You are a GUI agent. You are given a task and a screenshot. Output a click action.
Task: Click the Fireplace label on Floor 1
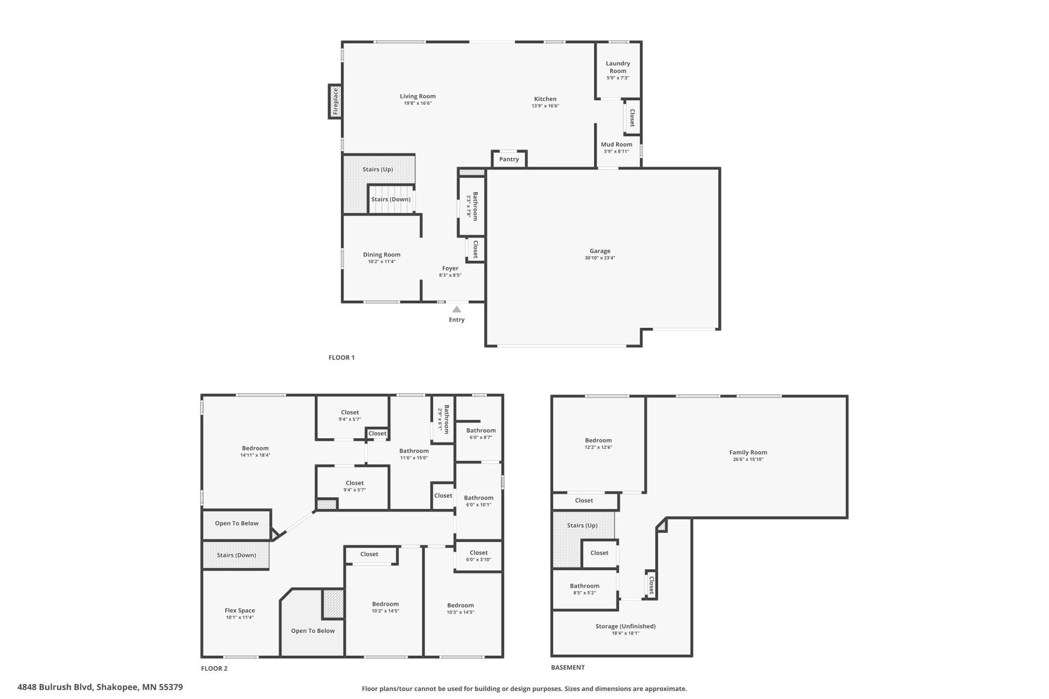click(335, 101)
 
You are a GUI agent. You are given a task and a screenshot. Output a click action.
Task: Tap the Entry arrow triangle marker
click(456, 309)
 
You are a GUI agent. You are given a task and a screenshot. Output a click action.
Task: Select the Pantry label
click(509, 159)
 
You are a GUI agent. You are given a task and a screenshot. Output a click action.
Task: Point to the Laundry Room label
click(618, 67)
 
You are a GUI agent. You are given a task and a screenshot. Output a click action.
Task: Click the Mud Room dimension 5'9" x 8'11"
click(616, 151)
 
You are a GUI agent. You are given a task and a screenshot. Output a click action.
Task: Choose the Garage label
click(600, 251)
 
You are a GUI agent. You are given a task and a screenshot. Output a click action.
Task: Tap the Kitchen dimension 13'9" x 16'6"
click(545, 106)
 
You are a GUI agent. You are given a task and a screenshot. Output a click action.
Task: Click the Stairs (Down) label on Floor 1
click(391, 199)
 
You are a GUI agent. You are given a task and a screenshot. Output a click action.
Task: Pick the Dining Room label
click(382, 255)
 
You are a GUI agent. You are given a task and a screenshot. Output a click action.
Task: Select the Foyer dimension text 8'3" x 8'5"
click(450, 275)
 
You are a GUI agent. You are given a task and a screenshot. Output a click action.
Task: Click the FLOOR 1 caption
click(341, 358)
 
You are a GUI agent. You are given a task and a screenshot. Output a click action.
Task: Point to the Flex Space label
click(240, 610)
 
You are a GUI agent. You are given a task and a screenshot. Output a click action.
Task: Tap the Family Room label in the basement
click(748, 452)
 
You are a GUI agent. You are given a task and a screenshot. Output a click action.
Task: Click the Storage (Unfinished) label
click(625, 626)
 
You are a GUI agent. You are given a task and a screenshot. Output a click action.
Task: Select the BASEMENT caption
click(568, 667)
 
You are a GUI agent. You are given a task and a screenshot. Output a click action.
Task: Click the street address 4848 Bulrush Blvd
click(55, 687)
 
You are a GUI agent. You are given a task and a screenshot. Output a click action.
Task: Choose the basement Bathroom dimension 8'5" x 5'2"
click(585, 593)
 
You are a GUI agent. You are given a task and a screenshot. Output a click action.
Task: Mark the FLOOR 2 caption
click(214, 669)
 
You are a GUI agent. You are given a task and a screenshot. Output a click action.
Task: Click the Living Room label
click(418, 96)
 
